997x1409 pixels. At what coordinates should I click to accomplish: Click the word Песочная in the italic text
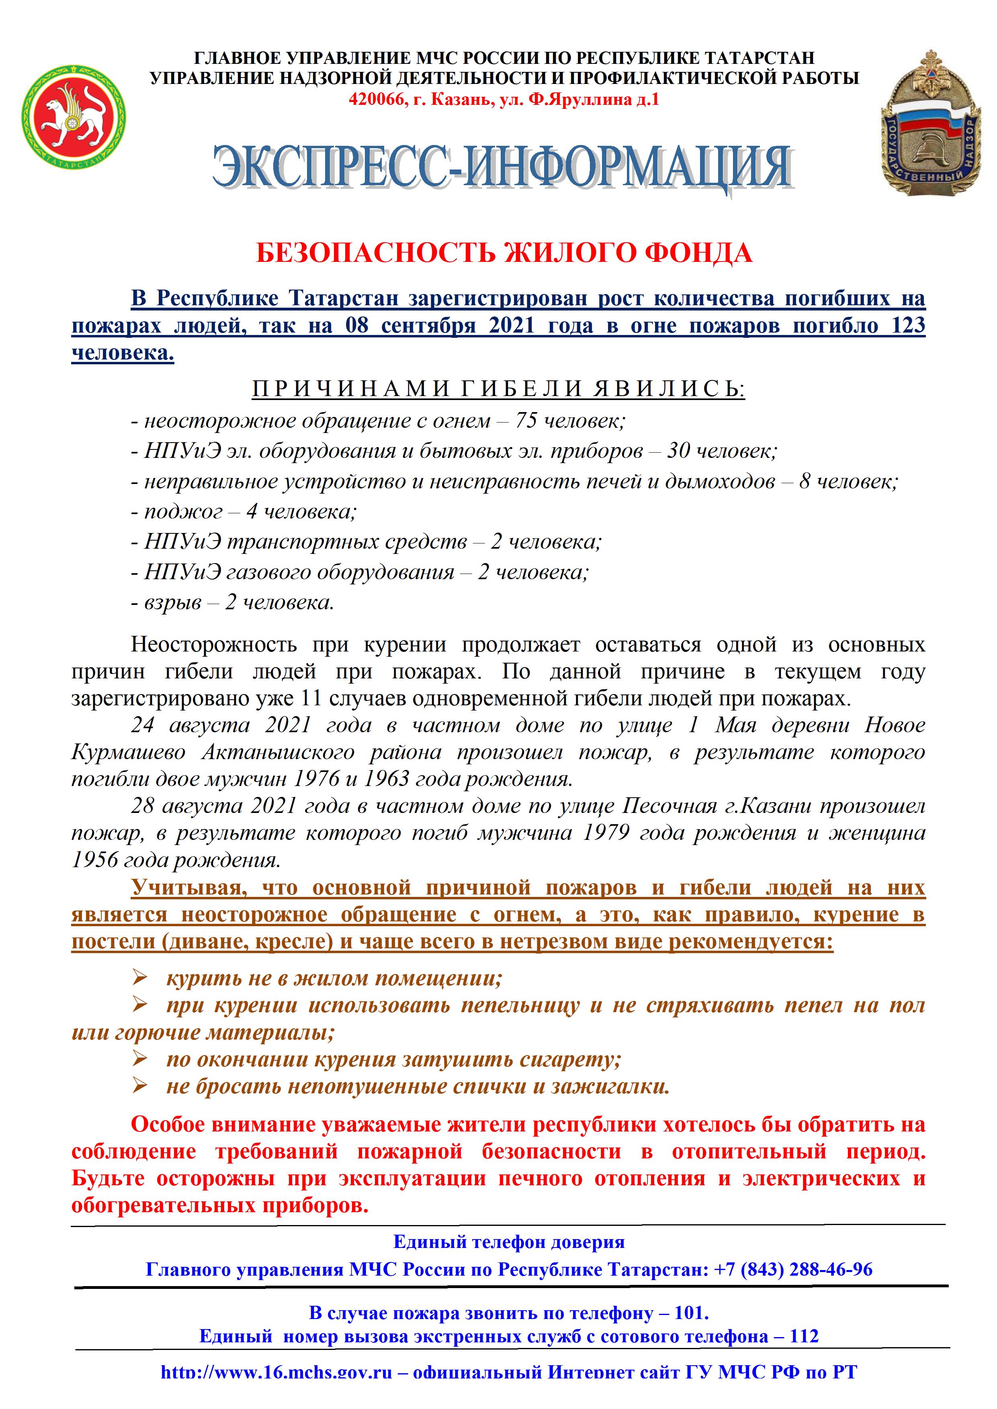pos(669,805)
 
